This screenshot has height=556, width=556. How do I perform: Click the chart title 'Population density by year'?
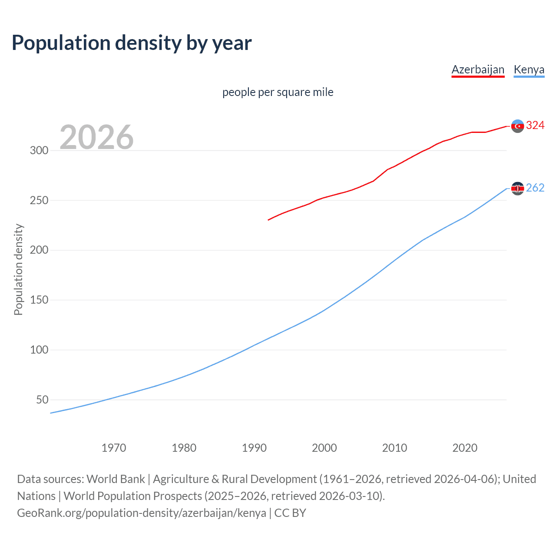tap(132, 43)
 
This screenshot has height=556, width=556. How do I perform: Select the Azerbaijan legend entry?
tap(478, 69)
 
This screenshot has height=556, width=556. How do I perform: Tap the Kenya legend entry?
tap(529, 69)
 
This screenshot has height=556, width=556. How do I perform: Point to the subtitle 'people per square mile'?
tap(278, 92)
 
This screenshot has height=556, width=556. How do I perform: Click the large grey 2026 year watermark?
tap(96, 137)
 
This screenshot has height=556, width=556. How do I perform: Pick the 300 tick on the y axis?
tap(39, 151)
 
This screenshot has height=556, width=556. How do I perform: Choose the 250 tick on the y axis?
tap(39, 201)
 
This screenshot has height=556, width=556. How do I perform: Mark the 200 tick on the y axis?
tap(39, 250)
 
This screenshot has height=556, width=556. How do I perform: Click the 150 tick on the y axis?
tap(39, 300)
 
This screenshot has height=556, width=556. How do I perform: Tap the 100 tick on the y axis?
tap(39, 350)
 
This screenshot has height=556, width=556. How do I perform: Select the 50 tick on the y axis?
tap(42, 400)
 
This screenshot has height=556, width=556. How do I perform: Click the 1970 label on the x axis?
tap(114, 448)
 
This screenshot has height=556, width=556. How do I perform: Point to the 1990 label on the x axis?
tap(254, 448)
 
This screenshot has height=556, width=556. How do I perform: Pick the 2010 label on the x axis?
tap(394, 448)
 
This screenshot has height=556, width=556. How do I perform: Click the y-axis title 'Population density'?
tap(18, 269)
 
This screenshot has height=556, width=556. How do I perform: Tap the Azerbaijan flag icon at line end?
tap(517, 126)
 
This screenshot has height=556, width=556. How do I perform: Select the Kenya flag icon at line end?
tap(517, 189)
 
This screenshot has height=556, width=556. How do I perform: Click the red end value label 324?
tap(535, 126)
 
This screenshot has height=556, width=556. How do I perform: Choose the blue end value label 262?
tap(535, 188)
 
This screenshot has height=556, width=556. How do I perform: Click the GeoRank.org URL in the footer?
tap(142, 513)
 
